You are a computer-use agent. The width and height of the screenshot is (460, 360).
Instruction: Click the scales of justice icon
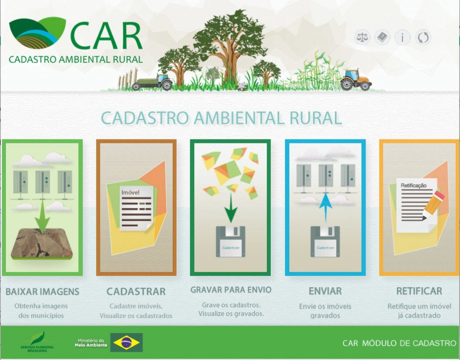[x=362, y=38]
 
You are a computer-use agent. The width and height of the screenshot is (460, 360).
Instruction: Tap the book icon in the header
[x=382, y=38]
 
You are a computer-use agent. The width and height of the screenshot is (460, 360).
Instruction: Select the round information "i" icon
[x=402, y=38]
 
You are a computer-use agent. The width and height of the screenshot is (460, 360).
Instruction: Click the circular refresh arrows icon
[x=423, y=38]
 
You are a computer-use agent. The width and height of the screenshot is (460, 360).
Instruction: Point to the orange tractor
[x=356, y=80]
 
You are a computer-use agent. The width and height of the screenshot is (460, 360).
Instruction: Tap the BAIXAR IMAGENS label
[x=42, y=292]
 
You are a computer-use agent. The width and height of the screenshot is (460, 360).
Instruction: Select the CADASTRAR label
[x=136, y=292]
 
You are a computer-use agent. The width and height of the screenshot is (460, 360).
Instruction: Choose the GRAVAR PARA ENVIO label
[x=231, y=290]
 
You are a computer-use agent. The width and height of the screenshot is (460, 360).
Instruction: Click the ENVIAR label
[x=325, y=291]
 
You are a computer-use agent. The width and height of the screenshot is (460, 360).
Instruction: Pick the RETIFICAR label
[x=419, y=291]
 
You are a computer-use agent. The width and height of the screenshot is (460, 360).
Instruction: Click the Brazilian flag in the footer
[x=127, y=342]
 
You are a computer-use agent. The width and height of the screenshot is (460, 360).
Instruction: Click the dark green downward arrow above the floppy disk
[x=231, y=209]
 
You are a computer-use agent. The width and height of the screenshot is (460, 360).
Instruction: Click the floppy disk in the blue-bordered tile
[x=325, y=242]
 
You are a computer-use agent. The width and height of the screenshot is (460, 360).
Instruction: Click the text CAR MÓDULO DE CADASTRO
[x=399, y=343]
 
